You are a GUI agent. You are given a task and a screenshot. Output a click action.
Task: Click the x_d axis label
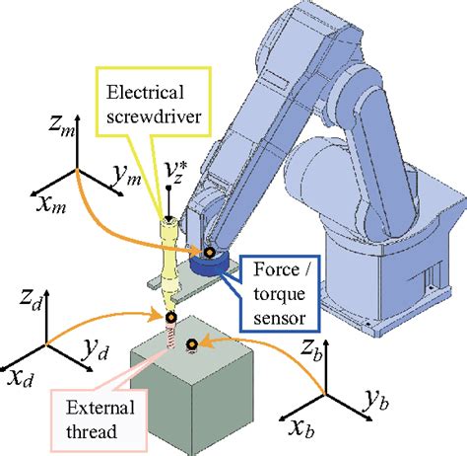(20, 378)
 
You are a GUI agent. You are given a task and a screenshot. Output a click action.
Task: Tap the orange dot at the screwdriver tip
(171, 317)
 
